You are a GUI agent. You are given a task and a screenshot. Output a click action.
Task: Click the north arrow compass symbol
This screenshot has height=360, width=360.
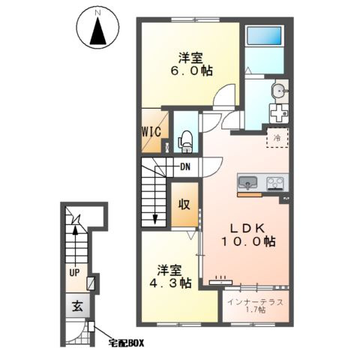[x=97, y=28]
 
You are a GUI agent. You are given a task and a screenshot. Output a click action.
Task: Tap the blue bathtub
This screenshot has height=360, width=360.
[x=265, y=35]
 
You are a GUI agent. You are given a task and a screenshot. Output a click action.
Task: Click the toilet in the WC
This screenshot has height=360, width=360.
[x=186, y=142]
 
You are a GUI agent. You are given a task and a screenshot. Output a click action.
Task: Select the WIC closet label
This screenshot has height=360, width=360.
[x=151, y=131]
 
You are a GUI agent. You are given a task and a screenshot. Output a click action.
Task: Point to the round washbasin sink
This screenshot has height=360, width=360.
[x=280, y=91]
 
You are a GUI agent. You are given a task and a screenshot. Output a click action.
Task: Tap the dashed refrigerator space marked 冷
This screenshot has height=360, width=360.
[x=277, y=137]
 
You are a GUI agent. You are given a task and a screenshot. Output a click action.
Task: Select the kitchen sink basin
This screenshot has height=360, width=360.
[x=247, y=182]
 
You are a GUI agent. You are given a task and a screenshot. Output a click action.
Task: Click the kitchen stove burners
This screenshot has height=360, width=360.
[x=274, y=183]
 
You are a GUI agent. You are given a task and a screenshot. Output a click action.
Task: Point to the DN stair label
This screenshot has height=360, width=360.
[x=185, y=166]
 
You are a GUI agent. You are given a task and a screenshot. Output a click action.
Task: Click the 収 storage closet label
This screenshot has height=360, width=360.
[x=184, y=205]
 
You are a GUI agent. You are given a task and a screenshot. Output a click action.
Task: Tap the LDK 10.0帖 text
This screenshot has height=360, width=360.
[x=248, y=235]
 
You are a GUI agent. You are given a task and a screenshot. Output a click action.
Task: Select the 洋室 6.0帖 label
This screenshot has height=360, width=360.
[x=191, y=64]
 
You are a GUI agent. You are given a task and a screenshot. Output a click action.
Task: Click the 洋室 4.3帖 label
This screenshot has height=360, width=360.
[x=170, y=277]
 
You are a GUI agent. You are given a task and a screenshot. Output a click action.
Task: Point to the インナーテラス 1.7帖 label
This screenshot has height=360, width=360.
[x=255, y=306]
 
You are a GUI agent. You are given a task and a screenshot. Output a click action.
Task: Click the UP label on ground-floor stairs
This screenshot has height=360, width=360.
[x=74, y=272]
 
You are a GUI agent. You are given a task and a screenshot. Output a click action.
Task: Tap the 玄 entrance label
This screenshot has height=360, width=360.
[x=77, y=306]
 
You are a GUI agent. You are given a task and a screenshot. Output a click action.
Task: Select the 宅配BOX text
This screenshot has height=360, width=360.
[x=126, y=343]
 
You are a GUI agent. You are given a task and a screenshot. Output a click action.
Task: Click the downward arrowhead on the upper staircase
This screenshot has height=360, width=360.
[x=155, y=219]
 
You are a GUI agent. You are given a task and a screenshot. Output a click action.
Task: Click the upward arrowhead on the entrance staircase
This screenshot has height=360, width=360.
[x=75, y=230]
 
